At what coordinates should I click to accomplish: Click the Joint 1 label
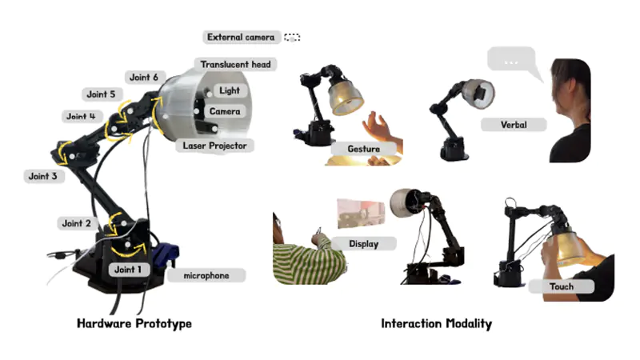tap(127, 270)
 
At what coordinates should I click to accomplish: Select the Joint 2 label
tap(78, 223)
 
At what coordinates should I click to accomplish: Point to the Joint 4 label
tap(82, 117)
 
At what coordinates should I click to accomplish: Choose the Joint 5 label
tap(102, 94)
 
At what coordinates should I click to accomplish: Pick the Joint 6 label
tap(144, 78)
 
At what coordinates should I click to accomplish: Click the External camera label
tap(241, 37)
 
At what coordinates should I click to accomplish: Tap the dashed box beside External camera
tap(292, 37)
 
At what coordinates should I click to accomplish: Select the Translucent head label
tap(236, 64)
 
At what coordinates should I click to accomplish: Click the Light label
tap(230, 91)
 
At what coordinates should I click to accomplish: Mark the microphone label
tap(206, 275)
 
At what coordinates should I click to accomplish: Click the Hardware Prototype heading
tap(134, 323)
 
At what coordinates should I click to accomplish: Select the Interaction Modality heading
tap(436, 323)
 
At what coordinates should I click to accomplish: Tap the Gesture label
tap(364, 149)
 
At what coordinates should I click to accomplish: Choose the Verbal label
tap(513, 125)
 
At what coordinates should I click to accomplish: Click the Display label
tap(363, 243)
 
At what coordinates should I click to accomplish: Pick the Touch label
tap(562, 286)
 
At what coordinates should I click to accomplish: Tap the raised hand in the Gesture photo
tap(378, 126)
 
